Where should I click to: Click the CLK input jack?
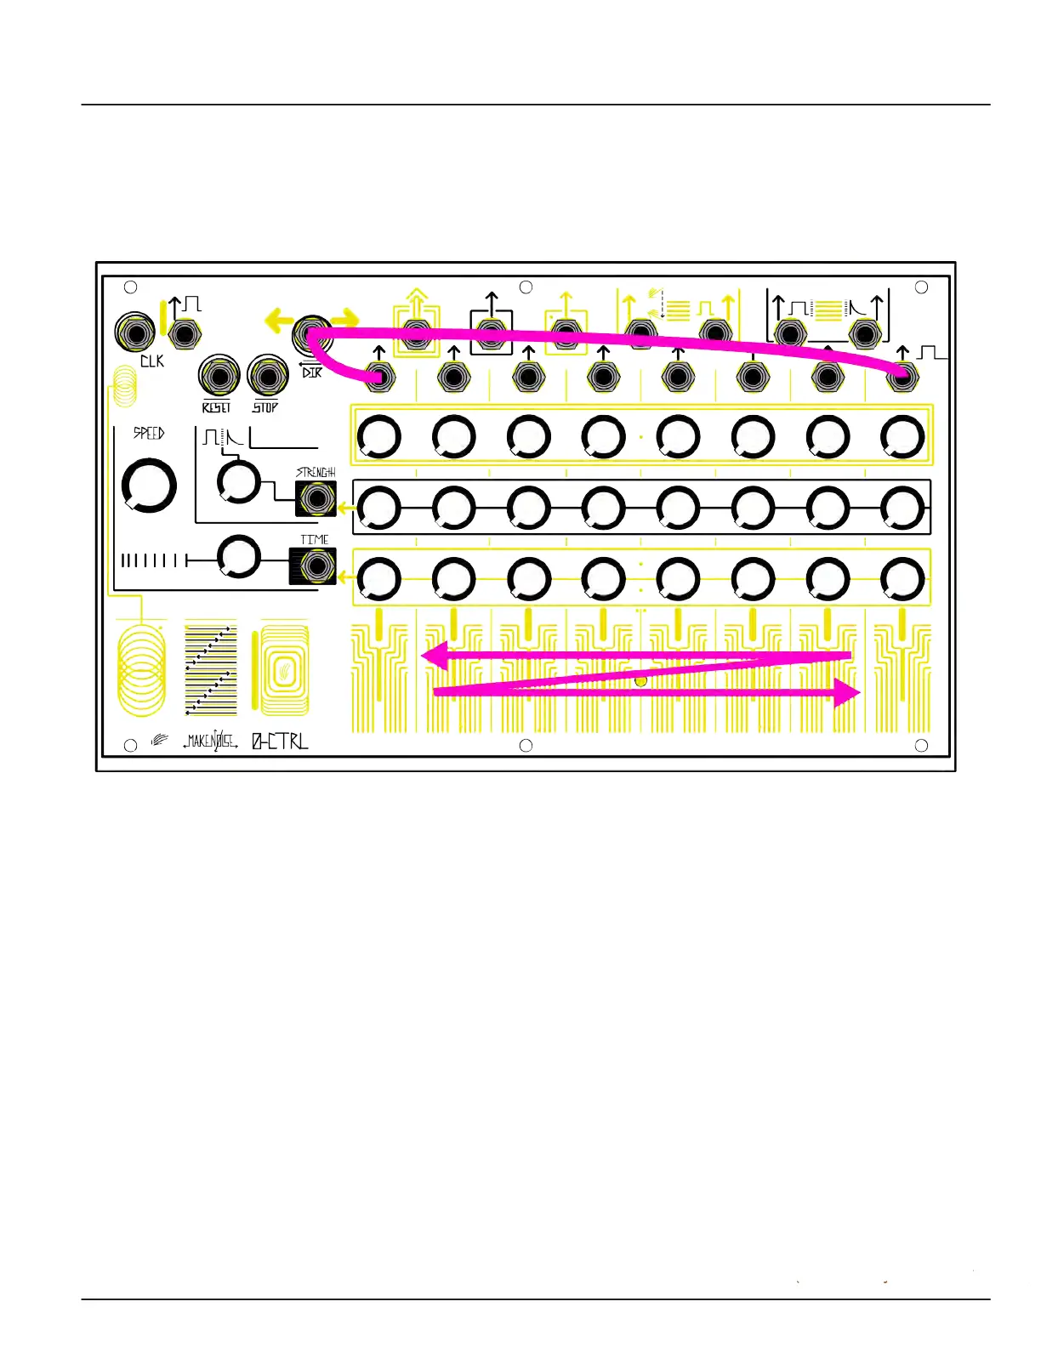click(x=135, y=332)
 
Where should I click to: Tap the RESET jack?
click(x=219, y=376)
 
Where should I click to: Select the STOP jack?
click(x=268, y=376)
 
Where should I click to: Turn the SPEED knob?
click(x=149, y=486)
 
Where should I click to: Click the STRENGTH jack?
click(x=316, y=498)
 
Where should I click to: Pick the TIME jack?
click(x=316, y=566)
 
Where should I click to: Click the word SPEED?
click(x=149, y=434)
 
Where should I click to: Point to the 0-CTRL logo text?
click(x=280, y=742)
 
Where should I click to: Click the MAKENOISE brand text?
click(x=210, y=742)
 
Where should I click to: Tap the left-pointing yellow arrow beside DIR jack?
click(x=279, y=321)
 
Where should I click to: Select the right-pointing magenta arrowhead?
click(x=847, y=692)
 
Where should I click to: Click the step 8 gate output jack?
click(x=902, y=376)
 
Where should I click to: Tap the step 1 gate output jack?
click(x=379, y=376)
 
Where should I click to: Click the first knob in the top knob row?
click(x=379, y=437)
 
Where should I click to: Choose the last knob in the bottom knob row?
click(x=902, y=579)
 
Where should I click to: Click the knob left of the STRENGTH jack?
click(x=239, y=481)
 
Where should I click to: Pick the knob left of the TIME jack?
click(x=239, y=558)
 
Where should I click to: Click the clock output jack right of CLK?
click(x=184, y=333)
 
